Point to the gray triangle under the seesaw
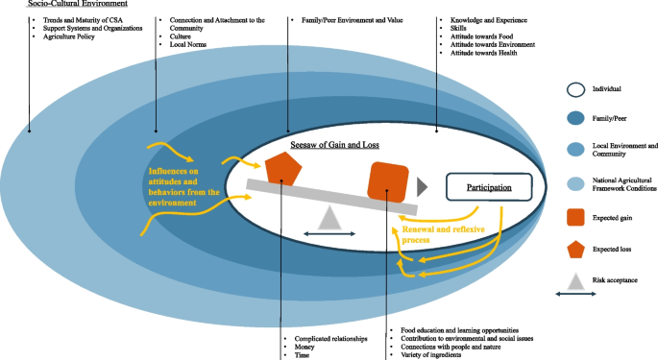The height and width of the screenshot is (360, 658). [x=330, y=218]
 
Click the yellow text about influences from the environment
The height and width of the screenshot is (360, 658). [x=183, y=182]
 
